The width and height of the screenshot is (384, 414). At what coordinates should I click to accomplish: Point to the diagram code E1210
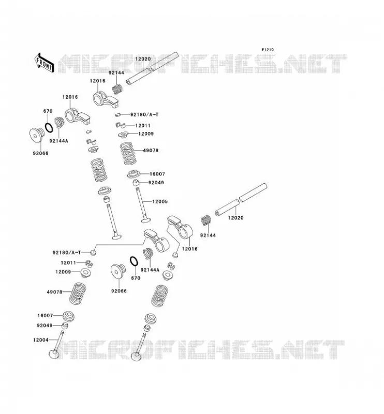click(x=268, y=50)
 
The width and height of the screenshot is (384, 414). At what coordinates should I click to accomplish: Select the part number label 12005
click(x=160, y=201)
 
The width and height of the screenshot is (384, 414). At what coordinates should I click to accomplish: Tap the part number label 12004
click(x=41, y=340)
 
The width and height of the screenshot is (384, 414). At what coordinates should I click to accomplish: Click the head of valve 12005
click(x=146, y=219)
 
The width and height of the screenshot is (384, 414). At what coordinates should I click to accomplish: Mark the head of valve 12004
click(x=54, y=354)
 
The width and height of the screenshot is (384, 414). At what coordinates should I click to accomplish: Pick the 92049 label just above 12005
click(x=156, y=183)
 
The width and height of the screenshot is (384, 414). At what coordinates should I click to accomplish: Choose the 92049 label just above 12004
click(x=45, y=326)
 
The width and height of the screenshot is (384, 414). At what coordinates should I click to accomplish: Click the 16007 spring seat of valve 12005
click(x=135, y=174)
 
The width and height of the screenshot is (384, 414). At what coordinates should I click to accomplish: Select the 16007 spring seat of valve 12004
click(x=69, y=316)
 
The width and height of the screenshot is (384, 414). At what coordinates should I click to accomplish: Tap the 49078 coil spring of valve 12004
click(x=78, y=293)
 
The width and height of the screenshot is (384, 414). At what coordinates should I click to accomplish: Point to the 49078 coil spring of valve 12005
click(x=128, y=153)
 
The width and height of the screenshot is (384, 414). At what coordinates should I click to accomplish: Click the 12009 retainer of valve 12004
click(x=86, y=273)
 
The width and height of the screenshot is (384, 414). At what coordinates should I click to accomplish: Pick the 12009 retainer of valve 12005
click(x=123, y=135)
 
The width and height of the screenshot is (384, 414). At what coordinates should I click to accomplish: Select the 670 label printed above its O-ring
click(x=48, y=111)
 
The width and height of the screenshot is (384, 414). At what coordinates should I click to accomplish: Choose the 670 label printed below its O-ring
click(x=136, y=278)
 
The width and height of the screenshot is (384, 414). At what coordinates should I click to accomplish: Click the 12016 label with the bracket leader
click(x=190, y=249)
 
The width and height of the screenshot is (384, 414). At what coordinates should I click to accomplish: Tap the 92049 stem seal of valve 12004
click(x=65, y=326)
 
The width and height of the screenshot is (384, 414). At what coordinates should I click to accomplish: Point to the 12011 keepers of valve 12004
click(x=89, y=263)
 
